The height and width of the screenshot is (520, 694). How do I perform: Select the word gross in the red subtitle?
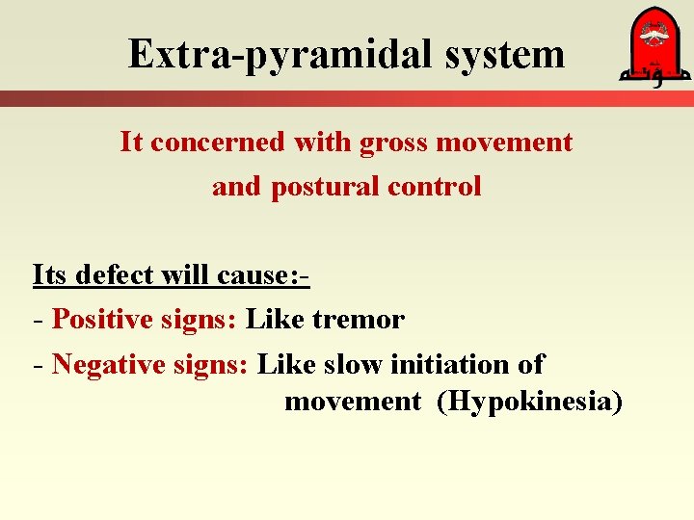pos(394,143)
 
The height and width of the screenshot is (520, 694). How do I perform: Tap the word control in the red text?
pos(435,186)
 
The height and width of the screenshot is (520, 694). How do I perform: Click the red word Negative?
pos(99,364)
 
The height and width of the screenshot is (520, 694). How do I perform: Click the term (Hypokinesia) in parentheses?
pos(529,401)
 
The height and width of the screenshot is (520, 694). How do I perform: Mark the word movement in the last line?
pos(353,401)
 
